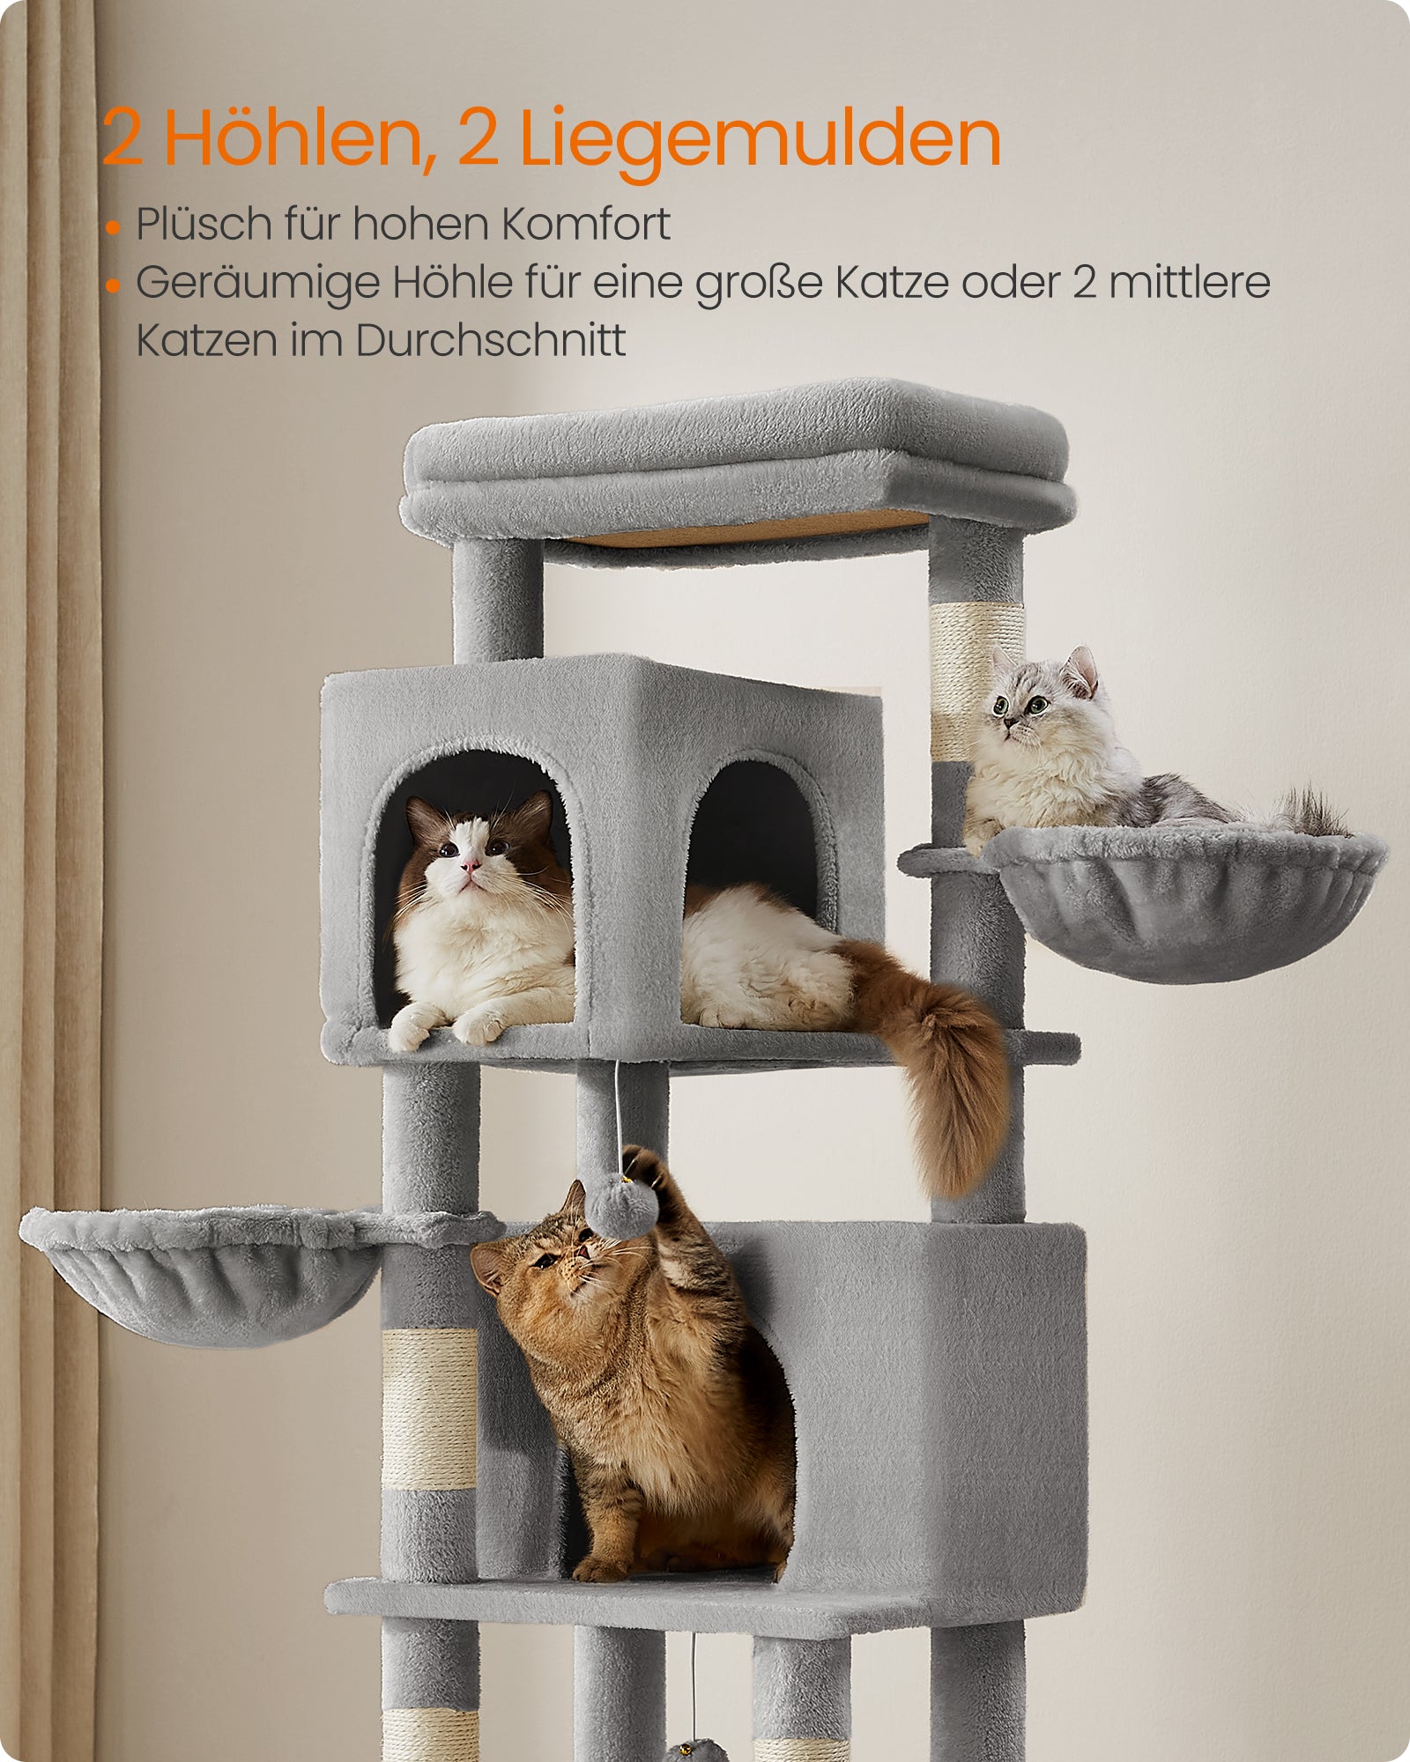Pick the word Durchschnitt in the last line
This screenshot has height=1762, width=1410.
pyautogui.click(x=491, y=340)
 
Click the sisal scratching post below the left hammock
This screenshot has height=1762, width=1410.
pyautogui.click(x=430, y=1410)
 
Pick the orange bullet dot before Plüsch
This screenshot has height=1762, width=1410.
pyautogui.click(x=112, y=227)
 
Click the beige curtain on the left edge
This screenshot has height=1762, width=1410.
pyautogui.click(x=48, y=881)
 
